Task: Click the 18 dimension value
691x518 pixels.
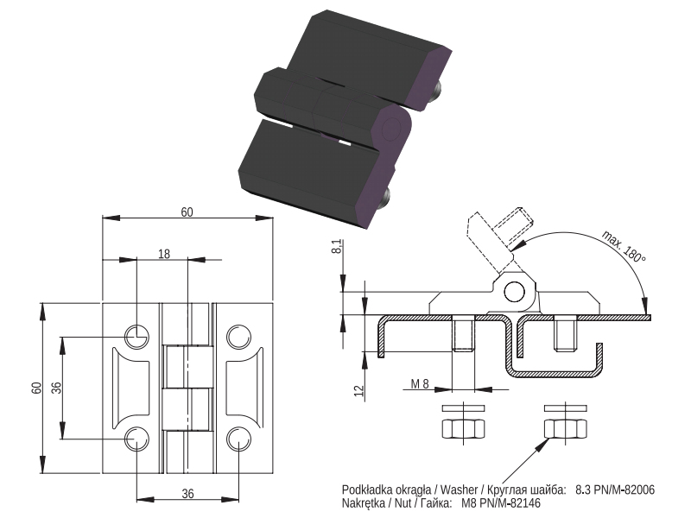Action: tap(164, 254)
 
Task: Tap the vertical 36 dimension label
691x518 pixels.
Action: tap(56, 388)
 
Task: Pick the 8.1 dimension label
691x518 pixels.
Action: tap(336, 246)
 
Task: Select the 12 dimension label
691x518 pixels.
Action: tap(359, 390)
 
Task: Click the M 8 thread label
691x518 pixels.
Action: tap(420, 383)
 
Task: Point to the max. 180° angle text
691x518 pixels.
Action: tap(624, 246)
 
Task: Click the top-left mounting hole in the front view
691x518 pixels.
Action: tap(136, 337)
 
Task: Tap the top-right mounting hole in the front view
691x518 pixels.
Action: tap(239, 337)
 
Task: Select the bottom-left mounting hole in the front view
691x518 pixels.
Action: tap(136, 439)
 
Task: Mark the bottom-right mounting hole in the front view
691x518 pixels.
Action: tap(239, 439)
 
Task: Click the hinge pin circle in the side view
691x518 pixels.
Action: tap(514, 292)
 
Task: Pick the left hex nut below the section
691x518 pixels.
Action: tap(463, 428)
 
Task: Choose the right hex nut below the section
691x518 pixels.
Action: tap(566, 428)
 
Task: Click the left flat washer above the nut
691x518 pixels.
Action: tap(463, 407)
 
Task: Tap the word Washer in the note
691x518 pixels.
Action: tap(459, 490)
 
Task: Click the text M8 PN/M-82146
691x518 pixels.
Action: tap(501, 502)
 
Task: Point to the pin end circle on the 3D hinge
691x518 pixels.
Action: tap(390, 128)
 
